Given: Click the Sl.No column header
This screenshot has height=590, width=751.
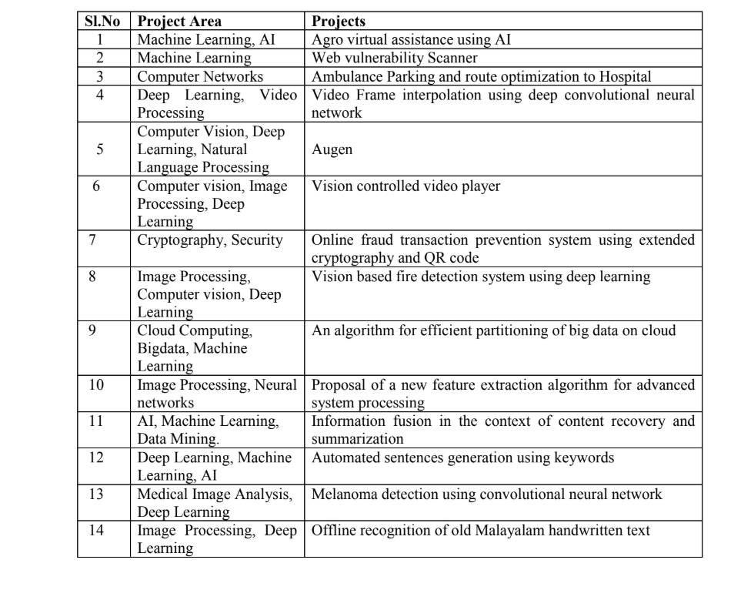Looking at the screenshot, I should [105, 22].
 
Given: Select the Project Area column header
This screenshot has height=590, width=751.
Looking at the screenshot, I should [179, 22].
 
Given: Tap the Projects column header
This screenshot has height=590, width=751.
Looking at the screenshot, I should [339, 22].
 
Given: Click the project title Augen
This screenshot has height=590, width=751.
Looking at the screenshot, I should [332, 149].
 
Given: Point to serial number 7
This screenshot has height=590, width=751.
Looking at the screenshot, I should [92, 240].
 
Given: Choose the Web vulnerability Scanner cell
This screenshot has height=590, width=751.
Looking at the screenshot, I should [395, 58].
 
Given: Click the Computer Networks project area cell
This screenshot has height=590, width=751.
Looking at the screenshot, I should [200, 76].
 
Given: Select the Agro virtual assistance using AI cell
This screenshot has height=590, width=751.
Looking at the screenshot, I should [412, 40].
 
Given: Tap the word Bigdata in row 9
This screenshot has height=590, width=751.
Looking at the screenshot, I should [161, 349].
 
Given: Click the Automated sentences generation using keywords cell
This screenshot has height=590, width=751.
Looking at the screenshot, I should [463, 458].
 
